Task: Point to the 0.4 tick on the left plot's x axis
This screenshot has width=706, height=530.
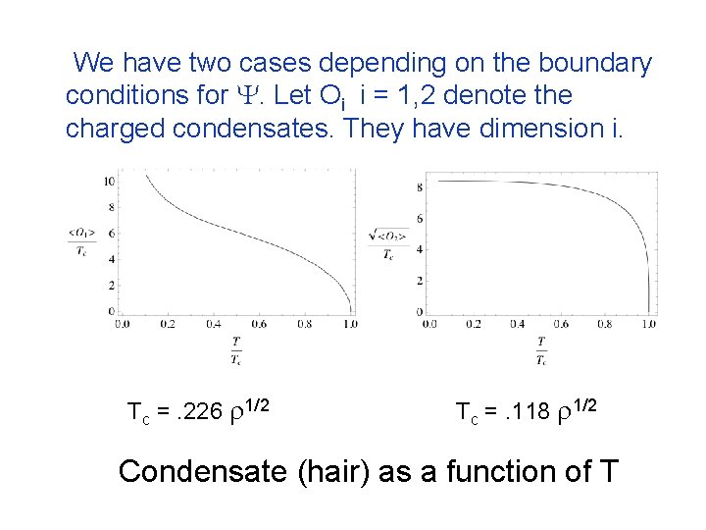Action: click(x=214, y=323)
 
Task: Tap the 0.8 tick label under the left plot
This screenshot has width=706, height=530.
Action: click(x=305, y=323)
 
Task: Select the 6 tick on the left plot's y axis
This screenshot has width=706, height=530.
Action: click(x=114, y=234)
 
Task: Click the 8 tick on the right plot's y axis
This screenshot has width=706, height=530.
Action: click(x=419, y=186)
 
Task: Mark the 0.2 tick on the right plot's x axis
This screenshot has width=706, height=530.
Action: click(x=474, y=323)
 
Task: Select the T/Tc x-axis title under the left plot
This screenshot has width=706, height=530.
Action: click(x=235, y=350)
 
